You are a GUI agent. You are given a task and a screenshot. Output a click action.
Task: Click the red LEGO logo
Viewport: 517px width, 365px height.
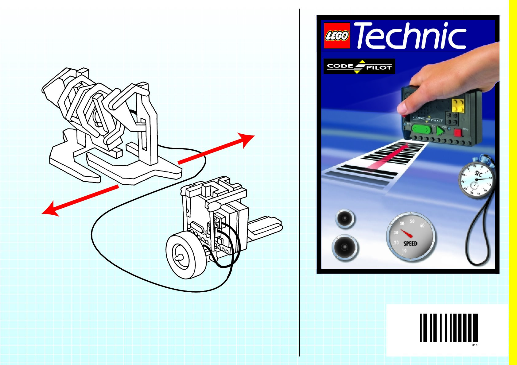tap(337, 36)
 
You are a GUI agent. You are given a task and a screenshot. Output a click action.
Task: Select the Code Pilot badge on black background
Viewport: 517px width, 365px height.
tap(359, 67)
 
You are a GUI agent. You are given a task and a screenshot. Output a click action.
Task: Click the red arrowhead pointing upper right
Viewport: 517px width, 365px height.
tap(247, 140)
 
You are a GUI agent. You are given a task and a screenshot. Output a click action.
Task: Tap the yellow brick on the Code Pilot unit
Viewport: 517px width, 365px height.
tap(458, 105)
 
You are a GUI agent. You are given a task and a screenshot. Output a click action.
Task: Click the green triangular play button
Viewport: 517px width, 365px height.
tap(440, 131)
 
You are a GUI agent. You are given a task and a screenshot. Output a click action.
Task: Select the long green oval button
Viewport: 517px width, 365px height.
tap(422, 129)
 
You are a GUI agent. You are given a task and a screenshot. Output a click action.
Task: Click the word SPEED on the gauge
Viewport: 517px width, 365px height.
tap(410, 244)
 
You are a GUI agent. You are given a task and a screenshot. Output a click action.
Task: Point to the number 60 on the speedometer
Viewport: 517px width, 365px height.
tap(422, 225)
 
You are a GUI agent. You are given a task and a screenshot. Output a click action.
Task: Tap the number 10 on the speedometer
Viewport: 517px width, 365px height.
tap(404, 251)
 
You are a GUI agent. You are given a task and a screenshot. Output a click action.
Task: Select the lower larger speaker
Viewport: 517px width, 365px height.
tap(345, 247)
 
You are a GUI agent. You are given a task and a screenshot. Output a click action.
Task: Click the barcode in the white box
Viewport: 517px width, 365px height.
tap(449, 328)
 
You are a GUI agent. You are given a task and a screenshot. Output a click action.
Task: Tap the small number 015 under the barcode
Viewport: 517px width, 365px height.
tap(475, 345)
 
